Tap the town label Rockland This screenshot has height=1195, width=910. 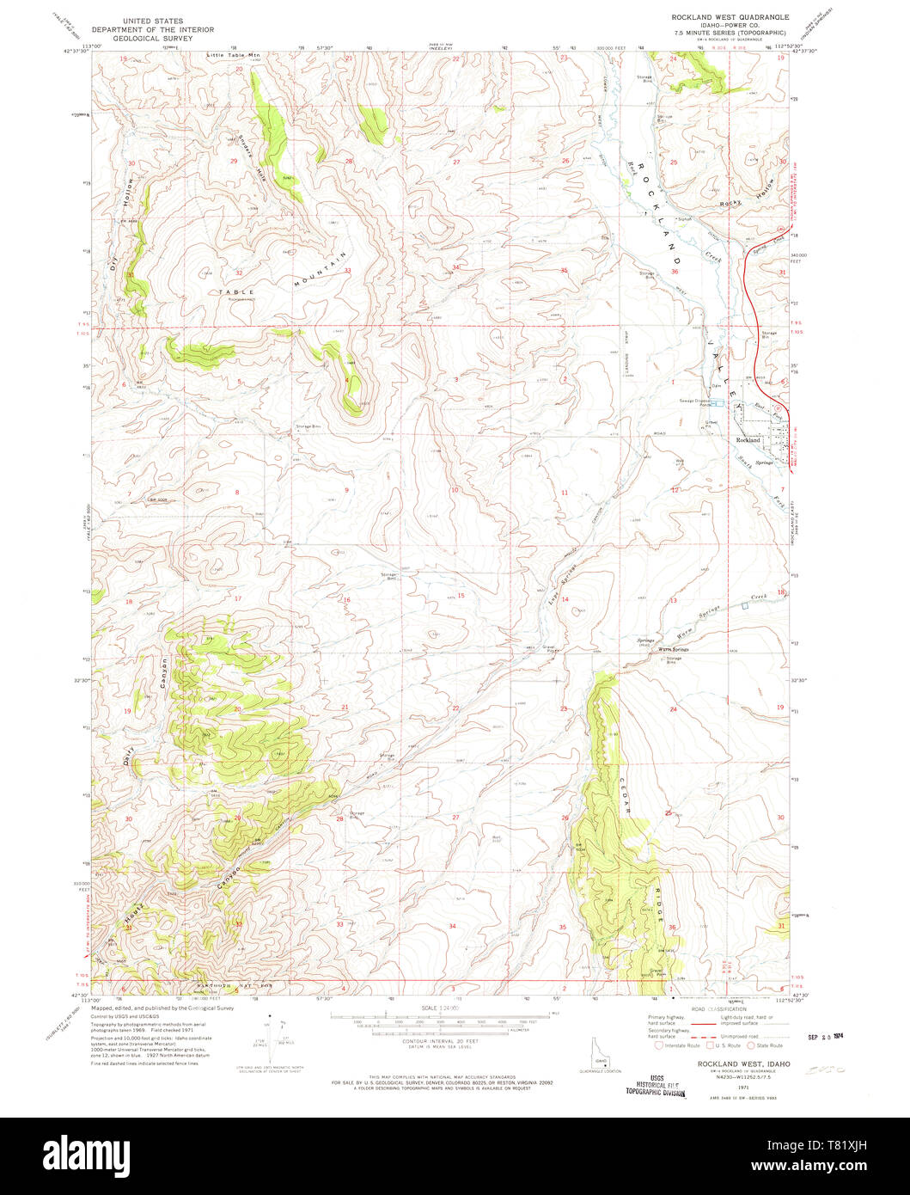[748, 439]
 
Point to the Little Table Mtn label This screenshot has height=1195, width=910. [232, 55]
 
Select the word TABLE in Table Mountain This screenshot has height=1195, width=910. [236, 292]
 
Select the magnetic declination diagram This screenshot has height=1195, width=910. [274, 1042]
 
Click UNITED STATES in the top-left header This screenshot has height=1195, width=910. [152, 20]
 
